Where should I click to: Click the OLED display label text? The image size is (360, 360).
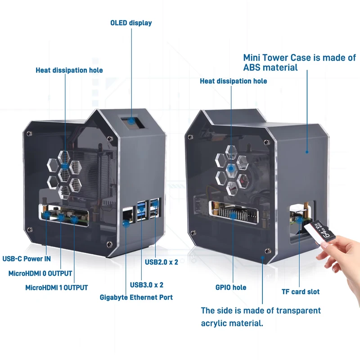pos(131,23)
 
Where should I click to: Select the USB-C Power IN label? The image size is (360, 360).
pos(27,259)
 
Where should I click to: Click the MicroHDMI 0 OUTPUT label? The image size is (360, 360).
pos(40,273)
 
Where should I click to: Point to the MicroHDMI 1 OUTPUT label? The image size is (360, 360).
pos(57,288)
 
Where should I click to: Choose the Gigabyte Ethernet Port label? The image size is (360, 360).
pos(136,297)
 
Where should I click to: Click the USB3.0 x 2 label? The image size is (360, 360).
pos(147,284)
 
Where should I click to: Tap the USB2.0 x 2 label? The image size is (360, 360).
pos(162,262)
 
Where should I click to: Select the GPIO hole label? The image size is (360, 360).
pos(231,287)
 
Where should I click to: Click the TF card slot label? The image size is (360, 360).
pos(301,292)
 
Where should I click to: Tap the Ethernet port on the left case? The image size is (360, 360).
pos(127,216)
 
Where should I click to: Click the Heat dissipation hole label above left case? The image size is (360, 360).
pos(69,70)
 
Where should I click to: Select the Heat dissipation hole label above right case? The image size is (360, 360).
pos(233,81)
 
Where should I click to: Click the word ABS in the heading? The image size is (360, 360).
pos(253,67)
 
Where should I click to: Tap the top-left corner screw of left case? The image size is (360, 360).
pos(29,134)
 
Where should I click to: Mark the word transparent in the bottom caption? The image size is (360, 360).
pos(294,310)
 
